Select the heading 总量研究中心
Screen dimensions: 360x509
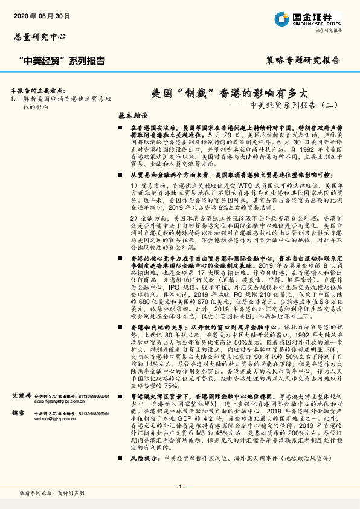(x=40, y=37)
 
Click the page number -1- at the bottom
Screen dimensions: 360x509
(x=179, y=487)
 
